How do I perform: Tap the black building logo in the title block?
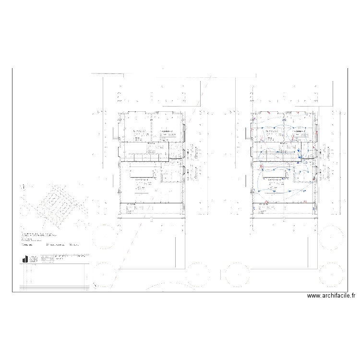coord(24,258)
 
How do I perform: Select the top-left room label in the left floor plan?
coord(140,131)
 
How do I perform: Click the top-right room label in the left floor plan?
coord(166,131)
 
